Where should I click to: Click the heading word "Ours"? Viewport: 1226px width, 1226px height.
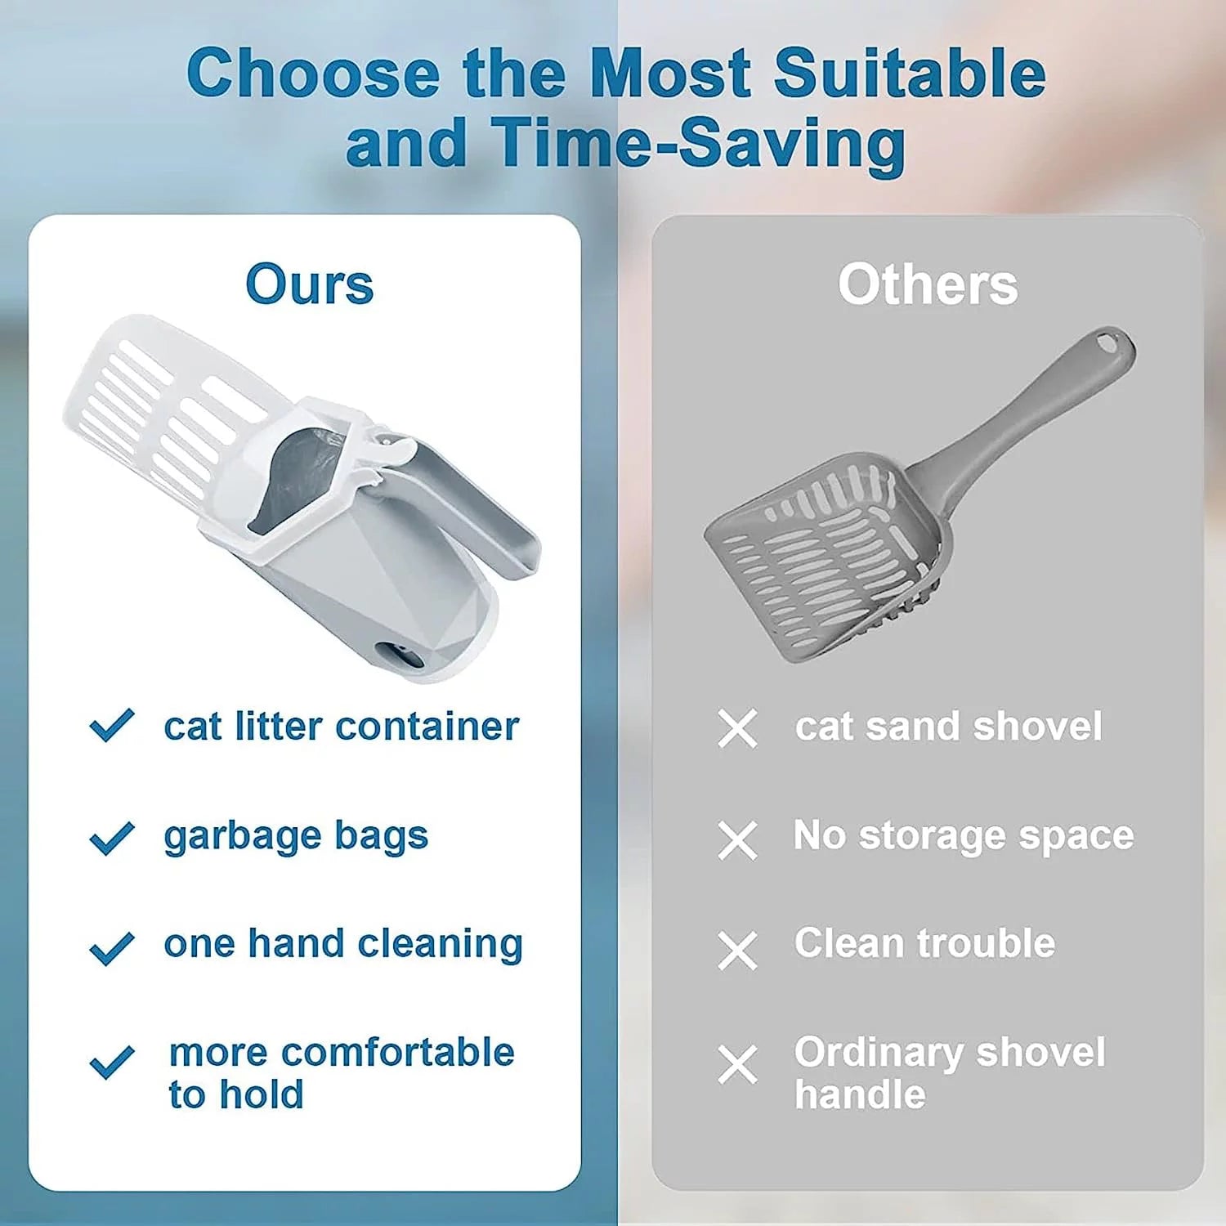(x=309, y=284)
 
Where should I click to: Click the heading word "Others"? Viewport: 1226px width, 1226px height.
(x=928, y=284)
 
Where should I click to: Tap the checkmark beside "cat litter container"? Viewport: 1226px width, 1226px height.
(x=112, y=725)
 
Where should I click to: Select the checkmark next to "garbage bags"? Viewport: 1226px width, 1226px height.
(x=112, y=838)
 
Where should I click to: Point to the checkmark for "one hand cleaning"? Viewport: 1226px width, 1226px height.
(x=112, y=948)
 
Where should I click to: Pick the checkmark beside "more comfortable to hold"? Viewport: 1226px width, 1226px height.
(x=112, y=1062)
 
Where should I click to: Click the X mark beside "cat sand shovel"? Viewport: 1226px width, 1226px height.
(x=737, y=728)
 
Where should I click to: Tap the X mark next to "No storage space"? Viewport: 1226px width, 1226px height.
(x=737, y=840)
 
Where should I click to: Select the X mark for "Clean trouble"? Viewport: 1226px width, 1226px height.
(x=737, y=951)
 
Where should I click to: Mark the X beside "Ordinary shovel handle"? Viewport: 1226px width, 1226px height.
(x=737, y=1064)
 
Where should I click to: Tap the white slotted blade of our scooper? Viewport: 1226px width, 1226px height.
(x=155, y=409)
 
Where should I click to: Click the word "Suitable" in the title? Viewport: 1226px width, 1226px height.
(x=909, y=74)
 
